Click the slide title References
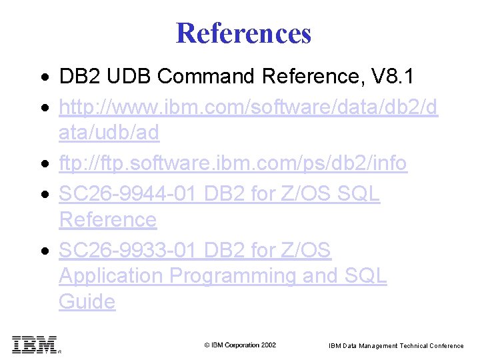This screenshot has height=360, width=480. pos(243,33)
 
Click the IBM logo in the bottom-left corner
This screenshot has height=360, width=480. pos(35,344)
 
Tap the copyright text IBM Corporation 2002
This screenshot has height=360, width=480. pos(240,345)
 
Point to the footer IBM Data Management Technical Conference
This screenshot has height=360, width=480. pos(396,345)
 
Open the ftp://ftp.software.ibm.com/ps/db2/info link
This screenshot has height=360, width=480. pos(233,163)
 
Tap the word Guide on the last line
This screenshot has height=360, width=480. pos(87,302)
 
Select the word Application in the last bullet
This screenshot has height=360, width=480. pos(111,276)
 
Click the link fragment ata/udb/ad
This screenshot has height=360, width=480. pos(109,133)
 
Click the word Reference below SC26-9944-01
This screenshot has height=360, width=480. pos(107,219)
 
